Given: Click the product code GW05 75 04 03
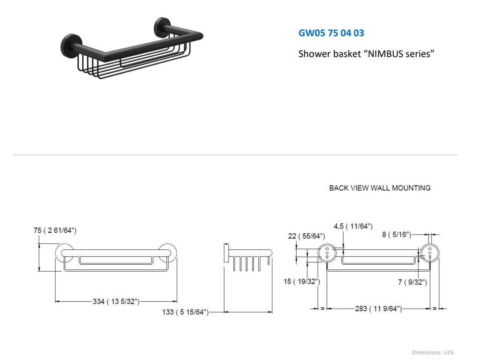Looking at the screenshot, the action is click(331, 33).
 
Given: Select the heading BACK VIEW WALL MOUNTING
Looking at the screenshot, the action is click(380, 188).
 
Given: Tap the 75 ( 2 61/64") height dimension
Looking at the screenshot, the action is click(55, 230).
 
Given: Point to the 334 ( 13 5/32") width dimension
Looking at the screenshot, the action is click(116, 301).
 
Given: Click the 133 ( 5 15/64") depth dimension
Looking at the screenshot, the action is click(185, 312).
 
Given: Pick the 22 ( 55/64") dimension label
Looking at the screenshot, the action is click(307, 236).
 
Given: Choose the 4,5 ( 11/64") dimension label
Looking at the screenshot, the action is click(353, 226).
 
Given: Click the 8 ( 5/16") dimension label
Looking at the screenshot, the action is click(397, 235).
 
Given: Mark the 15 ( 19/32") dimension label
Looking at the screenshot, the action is click(302, 281).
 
